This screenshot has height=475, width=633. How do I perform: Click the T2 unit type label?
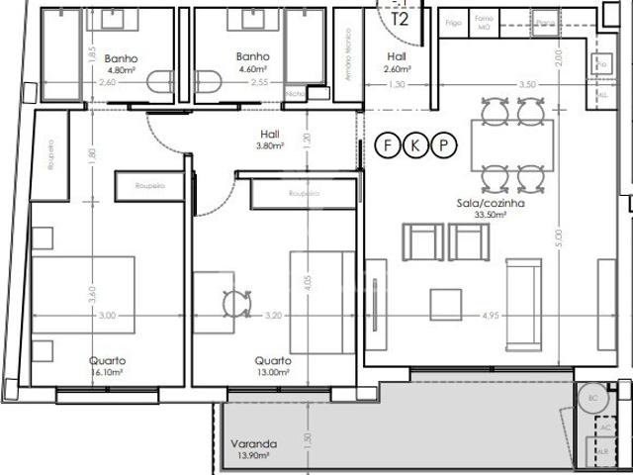pos(401,19)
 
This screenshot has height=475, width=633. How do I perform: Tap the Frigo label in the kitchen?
pos(454,21)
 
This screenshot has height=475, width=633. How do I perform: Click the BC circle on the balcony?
pos(593,397)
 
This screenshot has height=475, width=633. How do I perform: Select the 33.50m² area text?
pos(491,215)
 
